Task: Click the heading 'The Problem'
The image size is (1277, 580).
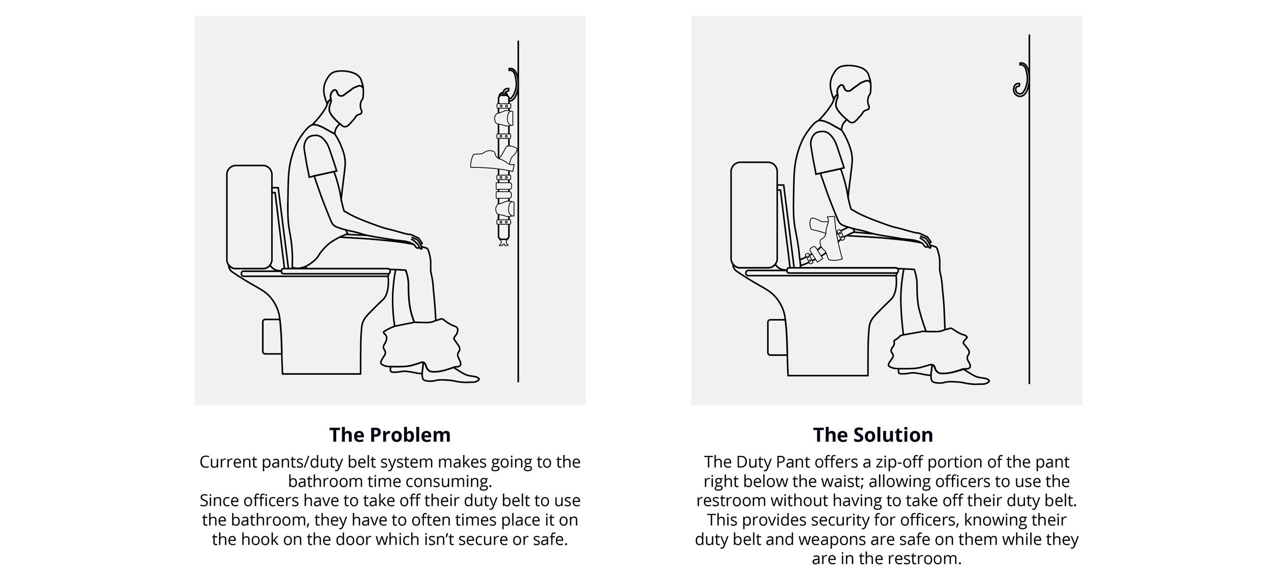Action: pyautogui.click(x=390, y=434)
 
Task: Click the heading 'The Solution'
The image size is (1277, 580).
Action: pyautogui.click(x=873, y=434)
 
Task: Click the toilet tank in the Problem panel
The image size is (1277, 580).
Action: pyautogui.click(x=249, y=217)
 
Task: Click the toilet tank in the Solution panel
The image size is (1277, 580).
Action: pyautogui.click(x=753, y=215)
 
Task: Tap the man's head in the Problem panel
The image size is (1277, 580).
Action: pyautogui.click(x=343, y=100)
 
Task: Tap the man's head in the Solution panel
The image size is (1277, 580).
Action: pyautogui.click(x=849, y=94)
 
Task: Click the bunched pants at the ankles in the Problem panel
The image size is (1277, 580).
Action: pyautogui.click(x=421, y=345)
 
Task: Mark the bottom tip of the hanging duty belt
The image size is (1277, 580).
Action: pyautogui.click(x=503, y=246)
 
